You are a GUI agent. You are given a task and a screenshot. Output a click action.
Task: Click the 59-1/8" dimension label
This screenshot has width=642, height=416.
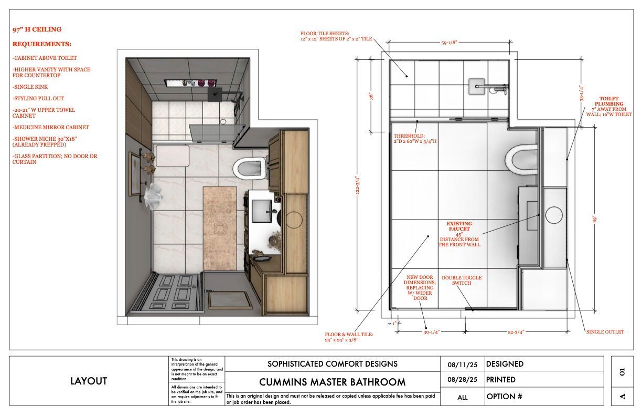coord(449,43)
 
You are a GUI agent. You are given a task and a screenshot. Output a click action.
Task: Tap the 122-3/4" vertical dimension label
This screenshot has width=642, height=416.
coord(357,185)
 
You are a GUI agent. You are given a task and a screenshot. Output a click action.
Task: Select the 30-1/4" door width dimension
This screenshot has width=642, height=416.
coord(431,332)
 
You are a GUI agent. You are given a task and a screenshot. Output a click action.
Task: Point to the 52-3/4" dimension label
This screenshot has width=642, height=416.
coord(516,332)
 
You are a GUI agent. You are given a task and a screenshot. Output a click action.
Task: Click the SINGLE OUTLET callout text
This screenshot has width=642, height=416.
coord(605,332)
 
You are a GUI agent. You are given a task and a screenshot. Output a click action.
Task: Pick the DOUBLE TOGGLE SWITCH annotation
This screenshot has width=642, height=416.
coord(462,280)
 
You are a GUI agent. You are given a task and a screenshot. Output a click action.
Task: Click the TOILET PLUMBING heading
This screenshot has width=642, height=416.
coord(609,101)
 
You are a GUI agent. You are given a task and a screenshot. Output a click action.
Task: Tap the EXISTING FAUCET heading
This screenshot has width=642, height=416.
coord(459,226)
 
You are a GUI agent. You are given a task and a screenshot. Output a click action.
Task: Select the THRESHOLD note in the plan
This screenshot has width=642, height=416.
coord(415,138)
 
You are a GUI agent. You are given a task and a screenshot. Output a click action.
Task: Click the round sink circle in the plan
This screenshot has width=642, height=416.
coord(554,215)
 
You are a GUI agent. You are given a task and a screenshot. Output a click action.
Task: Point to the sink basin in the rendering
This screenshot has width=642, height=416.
coord(262,211)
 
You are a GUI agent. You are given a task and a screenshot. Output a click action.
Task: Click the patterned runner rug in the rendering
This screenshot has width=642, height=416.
coord(220,228)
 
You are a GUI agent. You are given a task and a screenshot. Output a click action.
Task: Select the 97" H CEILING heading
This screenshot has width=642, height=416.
coord(37,29)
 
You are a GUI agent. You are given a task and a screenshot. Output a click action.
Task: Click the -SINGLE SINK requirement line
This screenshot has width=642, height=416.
coord(30,87)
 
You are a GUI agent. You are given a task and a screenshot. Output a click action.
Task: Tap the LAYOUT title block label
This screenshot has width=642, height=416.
coord(89,381)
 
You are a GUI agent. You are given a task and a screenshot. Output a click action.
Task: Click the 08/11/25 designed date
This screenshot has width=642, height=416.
coord(462,365)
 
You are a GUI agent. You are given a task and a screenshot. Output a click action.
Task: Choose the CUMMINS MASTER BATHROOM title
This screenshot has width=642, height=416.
coord(332,382)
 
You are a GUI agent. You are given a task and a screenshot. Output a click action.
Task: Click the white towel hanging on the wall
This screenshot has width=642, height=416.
coord(153,195)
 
